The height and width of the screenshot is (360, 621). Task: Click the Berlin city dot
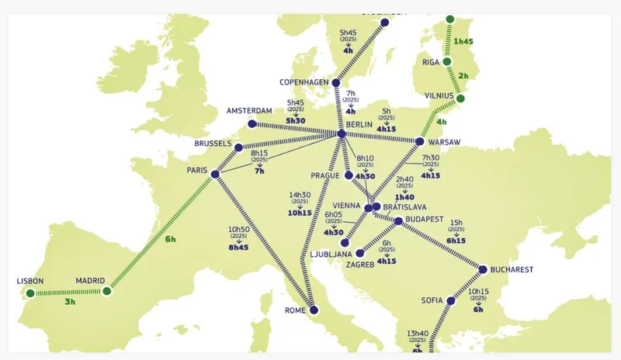(342, 134)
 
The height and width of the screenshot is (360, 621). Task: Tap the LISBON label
(29, 281)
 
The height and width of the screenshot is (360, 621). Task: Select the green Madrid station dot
(107, 292)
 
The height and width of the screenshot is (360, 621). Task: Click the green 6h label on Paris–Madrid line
(170, 239)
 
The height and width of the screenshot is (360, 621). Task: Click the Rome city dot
(314, 310)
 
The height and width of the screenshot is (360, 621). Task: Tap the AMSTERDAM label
(250, 111)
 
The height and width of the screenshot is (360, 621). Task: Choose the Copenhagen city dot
(335, 82)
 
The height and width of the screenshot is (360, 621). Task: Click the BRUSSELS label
(213, 144)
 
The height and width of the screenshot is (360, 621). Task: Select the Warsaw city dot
(419, 142)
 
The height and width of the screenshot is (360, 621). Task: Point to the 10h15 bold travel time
(299, 213)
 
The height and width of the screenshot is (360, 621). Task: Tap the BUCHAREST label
(512, 270)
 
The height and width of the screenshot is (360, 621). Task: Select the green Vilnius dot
(461, 99)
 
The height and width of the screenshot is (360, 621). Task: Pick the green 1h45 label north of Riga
(464, 41)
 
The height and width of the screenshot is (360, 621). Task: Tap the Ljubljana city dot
(345, 243)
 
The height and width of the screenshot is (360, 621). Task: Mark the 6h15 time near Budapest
(456, 241)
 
